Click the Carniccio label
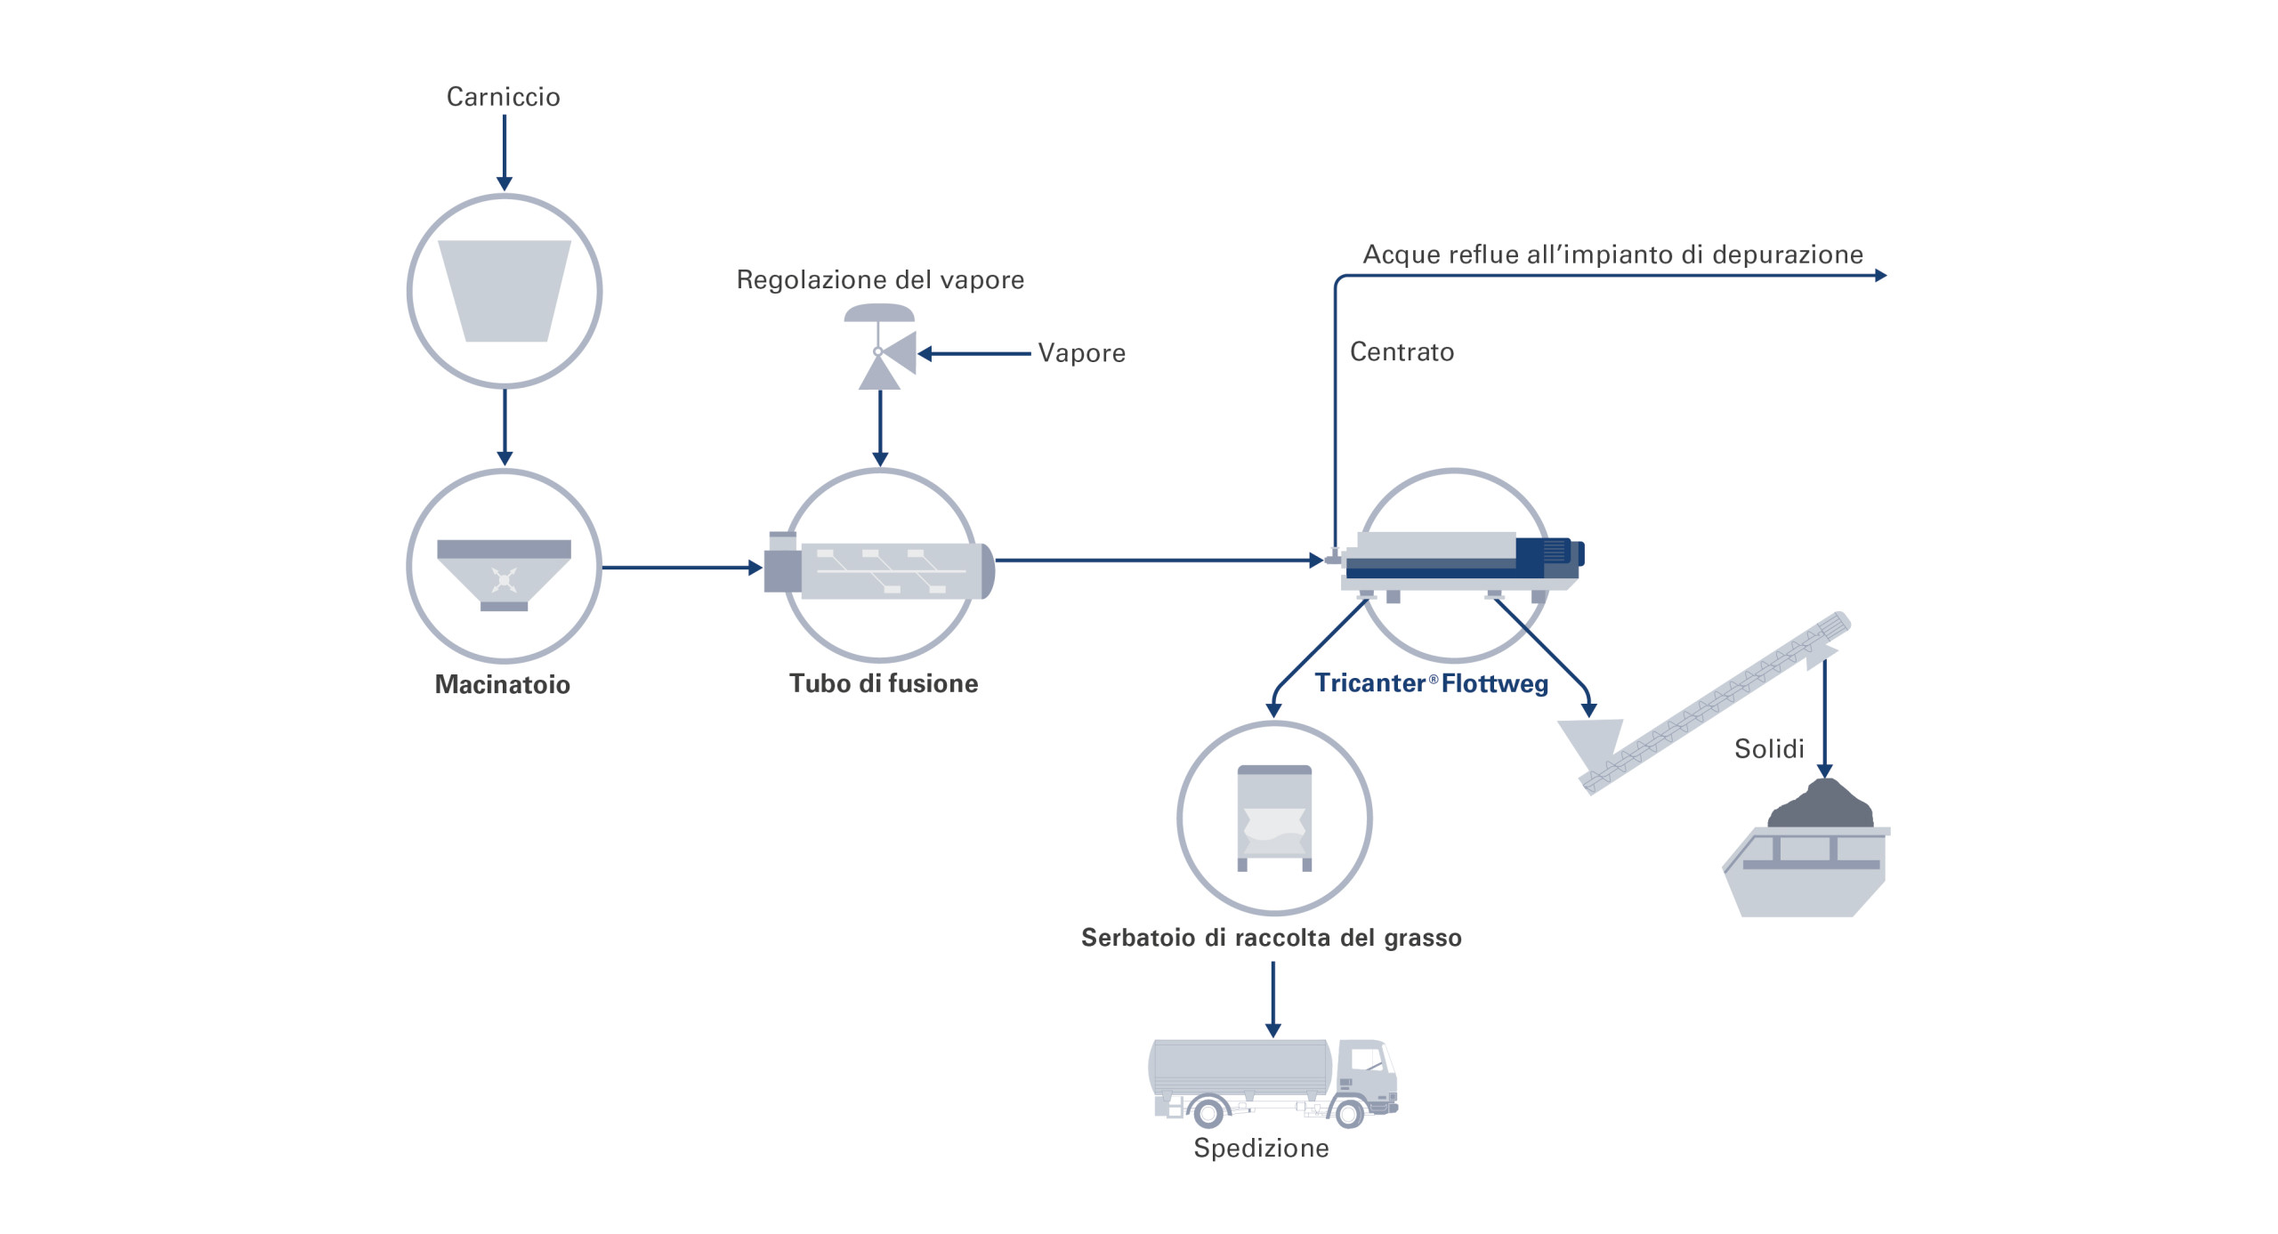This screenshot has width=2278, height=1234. click(503, 97)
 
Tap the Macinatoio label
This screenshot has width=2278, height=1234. click(502, 684)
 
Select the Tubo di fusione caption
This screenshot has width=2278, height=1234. click(883, 683)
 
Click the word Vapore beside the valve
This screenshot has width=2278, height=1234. click(1081, 353)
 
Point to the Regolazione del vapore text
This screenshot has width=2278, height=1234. click(880, 280)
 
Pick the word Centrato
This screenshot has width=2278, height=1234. click(1402, 352)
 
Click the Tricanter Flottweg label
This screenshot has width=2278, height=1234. click(1431, 683)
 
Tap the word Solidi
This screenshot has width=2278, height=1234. click(1768, 749)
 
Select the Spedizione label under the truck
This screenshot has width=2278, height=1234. click(1261, 1148)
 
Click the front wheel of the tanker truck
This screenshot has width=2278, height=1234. click(1349, 1113)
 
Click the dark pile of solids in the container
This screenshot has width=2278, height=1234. click(1821, 805)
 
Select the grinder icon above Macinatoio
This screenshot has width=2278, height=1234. click(504, 574)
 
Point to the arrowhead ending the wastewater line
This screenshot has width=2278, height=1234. click(1880, 276)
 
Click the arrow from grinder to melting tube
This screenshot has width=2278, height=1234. click(682, 568)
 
